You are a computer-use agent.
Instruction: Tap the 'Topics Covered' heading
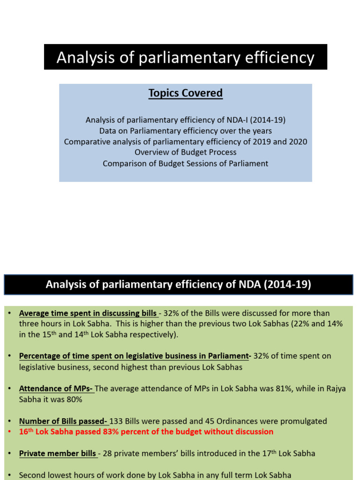tap(186, 93)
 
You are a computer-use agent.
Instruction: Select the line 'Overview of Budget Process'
tap(186, 152)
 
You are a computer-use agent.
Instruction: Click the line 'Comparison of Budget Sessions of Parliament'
tap(186, 164)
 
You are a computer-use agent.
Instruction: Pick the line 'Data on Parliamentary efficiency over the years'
tap(186, 131)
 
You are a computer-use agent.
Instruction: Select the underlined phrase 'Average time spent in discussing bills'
tap(88, 313)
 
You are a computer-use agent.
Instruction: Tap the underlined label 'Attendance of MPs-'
tap(56, 389)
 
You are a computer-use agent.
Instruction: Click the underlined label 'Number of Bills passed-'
tap(63, 421)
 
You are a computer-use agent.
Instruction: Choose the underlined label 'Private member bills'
tap(58, 453)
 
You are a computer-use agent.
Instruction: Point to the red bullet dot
tap(9, 432)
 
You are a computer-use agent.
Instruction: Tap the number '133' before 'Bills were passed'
tap(116, 421)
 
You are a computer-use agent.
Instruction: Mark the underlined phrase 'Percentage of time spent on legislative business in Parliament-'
tap(135, 356)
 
